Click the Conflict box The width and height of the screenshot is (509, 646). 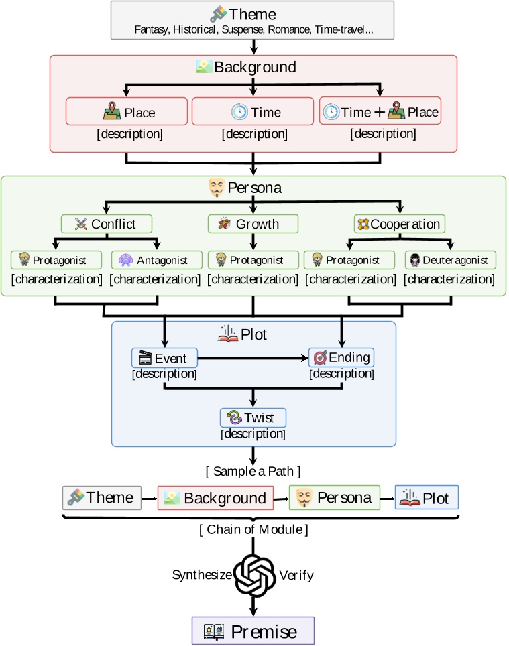[x=107, y=224]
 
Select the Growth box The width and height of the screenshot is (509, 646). [x=253, y=224]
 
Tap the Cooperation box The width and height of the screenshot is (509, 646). [x=400, y=224]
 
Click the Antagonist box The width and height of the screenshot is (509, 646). [x=157, y=260]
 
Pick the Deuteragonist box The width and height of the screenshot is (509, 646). [x=451, y=260]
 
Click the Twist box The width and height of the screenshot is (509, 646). [x=253, y=417]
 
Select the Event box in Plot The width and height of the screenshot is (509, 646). [x=164, y=358]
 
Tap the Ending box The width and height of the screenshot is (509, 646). [x=341, y=358]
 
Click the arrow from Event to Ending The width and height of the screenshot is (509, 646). [x=253, y=358]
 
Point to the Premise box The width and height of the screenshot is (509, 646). [x=253, y=631]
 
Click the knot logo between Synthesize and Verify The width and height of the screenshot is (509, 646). [x=254, y=575]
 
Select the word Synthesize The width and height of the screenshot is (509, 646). [x=202, y=575]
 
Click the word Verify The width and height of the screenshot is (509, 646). [x=296, y=575]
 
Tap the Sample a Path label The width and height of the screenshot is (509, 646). [x=253, y=471]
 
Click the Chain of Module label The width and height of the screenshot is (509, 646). [x=253, y=529]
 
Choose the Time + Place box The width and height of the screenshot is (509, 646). [x=380, y=111]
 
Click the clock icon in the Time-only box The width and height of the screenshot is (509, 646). [x=239, y=112]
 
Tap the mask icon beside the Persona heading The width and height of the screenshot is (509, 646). [x=217, y=188]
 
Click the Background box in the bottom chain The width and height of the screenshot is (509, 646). [x=215, y=498]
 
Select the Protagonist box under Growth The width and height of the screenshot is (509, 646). [x=253, y=260]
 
